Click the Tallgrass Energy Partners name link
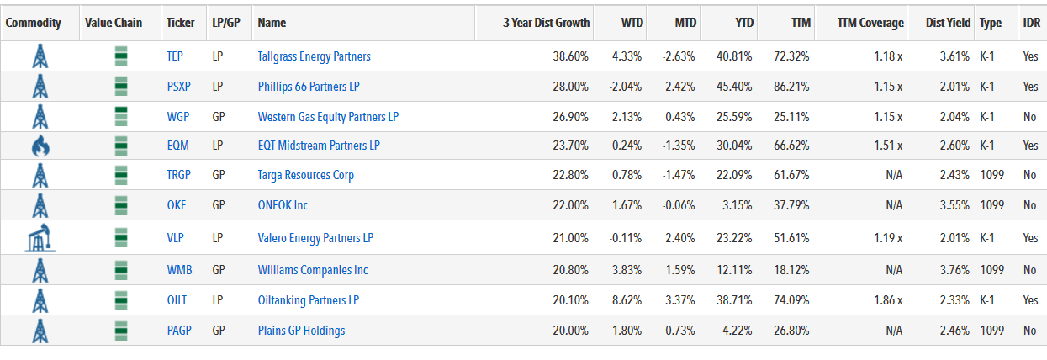(315, 56)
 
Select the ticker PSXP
(178, 87)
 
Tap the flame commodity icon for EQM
(40, 146)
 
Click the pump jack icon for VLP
(40, 237)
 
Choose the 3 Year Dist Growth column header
(546, 23)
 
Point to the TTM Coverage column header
(870, 23)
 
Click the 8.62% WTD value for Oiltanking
(627, 300)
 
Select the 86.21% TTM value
(791, 87)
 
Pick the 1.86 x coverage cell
(888, 300)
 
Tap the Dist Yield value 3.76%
(954, 270)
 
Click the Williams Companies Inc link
(313, 270)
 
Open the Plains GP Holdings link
(301, 331)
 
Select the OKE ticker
(177, 205)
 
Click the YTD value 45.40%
(734, 87)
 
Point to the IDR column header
(1032, 23)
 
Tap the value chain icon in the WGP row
(121, 116)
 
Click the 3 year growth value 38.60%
(570, 56)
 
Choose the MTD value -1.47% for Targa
(678, 175)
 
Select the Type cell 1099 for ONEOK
(991, 205)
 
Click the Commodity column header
(33, 23)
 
